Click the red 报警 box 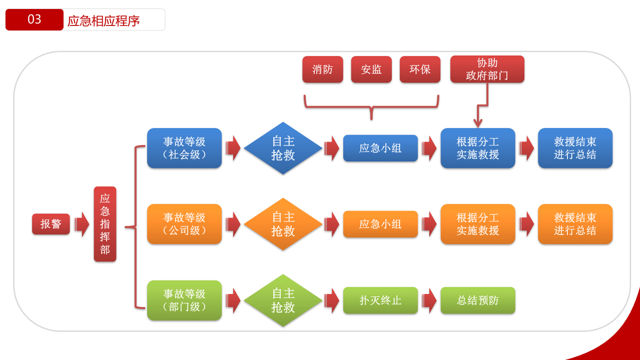[x=51, y=224]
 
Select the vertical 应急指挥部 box [x=105, y=224]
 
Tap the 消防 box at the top [x=323, y=69]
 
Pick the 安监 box [x=371, y=69]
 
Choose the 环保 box [x=420, y=69]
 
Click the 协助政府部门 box [x=487, y=69]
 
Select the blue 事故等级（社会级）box [x=184, y=148]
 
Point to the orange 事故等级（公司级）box [x=184, y=224]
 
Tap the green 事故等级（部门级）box [x=184, y=300]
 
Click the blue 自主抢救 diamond [x=283, y=148]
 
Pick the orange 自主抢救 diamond [x=283, y=224]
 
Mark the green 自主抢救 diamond [x=283, y=300]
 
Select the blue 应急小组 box [x=380, y=148]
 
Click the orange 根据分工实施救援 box [x=477, y=224]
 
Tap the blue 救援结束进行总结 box [x=575, y=148]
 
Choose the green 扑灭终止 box [x=380, y=300]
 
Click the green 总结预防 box [x=477, y=300]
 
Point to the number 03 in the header [x=35, y=19]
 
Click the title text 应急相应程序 [x=104, y=20]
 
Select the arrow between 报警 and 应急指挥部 [x=81, y=224]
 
